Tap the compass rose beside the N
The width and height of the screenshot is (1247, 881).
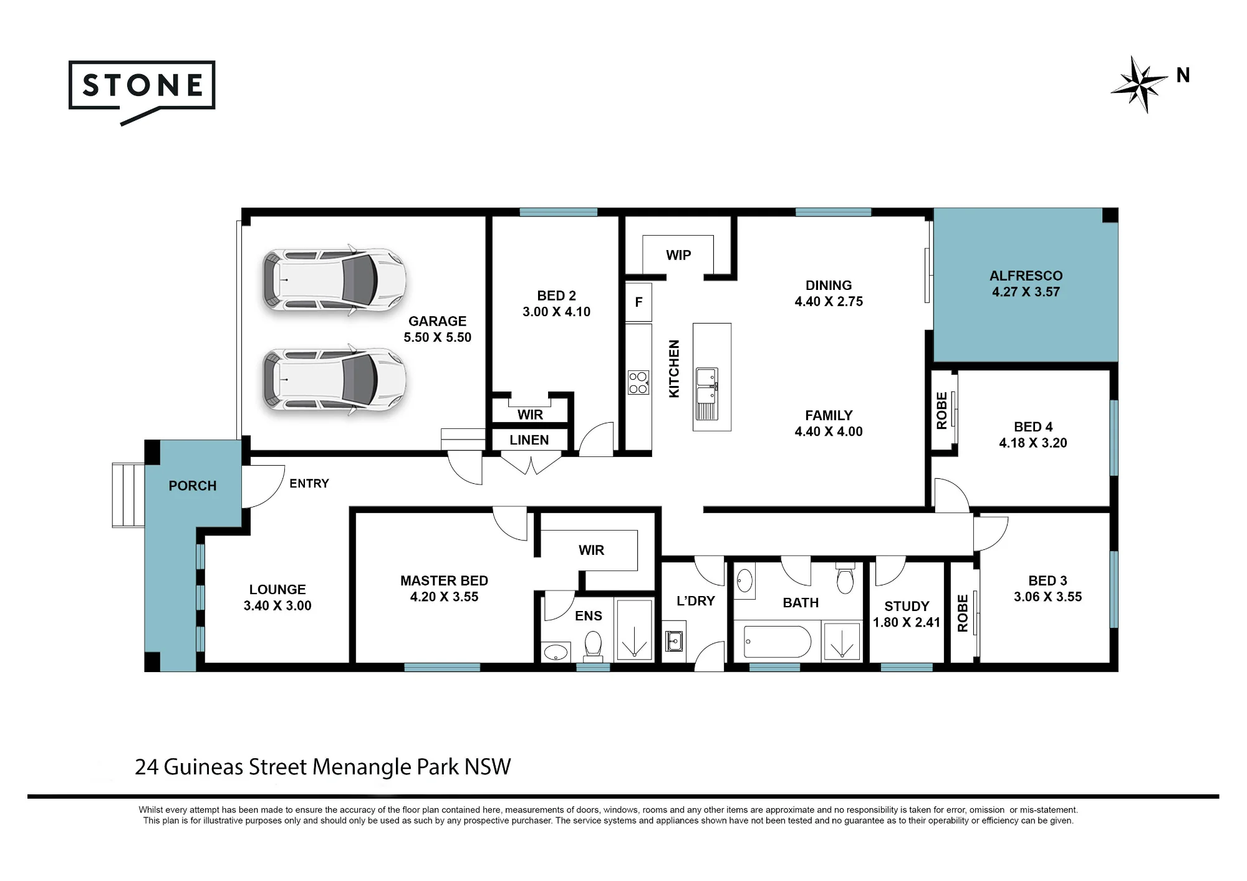1139,84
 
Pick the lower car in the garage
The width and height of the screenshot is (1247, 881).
334,380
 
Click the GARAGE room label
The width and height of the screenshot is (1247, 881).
437,321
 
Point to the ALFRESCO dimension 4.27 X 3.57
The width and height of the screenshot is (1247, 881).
1026,292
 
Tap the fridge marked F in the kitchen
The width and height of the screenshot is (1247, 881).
638,302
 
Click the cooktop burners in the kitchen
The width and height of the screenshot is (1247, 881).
638,383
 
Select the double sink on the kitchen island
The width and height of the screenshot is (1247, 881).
707,393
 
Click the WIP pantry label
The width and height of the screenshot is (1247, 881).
678,255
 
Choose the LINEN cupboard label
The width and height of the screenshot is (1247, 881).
529,440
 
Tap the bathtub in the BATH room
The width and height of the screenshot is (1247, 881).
778,642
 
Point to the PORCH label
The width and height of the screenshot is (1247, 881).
193,486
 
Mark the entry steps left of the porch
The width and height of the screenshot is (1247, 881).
128,495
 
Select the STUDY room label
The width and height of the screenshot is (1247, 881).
907,606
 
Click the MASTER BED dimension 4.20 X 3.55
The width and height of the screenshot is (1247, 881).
444,597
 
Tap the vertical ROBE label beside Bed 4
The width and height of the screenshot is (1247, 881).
941,411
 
